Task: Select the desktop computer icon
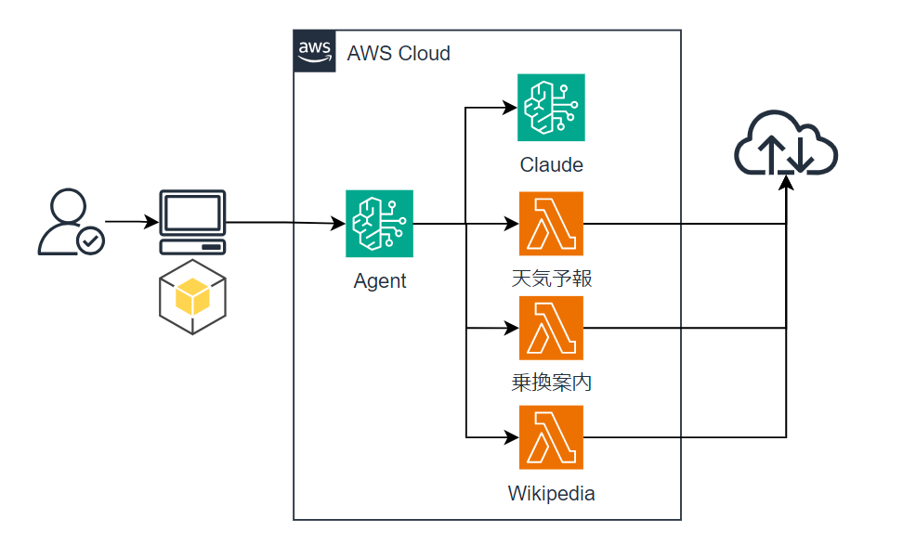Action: coord(192,222)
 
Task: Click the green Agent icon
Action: coord(379,224)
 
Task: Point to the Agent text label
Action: coord(380,281)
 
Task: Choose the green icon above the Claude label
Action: coord(551,108)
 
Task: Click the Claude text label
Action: coord(551,165)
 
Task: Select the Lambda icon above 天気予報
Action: coord(551,224)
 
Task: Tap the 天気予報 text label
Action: coord(552,278)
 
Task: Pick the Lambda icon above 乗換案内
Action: coord(551,328)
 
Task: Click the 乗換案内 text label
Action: coord(552,382)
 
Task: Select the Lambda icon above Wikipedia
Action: coord(551,436)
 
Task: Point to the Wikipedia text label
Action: coord(551,493)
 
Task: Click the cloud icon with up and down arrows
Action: coord(786,144)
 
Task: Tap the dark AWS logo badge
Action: coord(315,51)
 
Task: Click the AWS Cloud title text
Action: coord(399,53)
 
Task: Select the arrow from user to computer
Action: coord(130,223)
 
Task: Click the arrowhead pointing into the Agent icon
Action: coord(338,224)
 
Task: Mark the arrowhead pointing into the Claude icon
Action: coord(511,108)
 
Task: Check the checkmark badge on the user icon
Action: coord(91,241)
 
